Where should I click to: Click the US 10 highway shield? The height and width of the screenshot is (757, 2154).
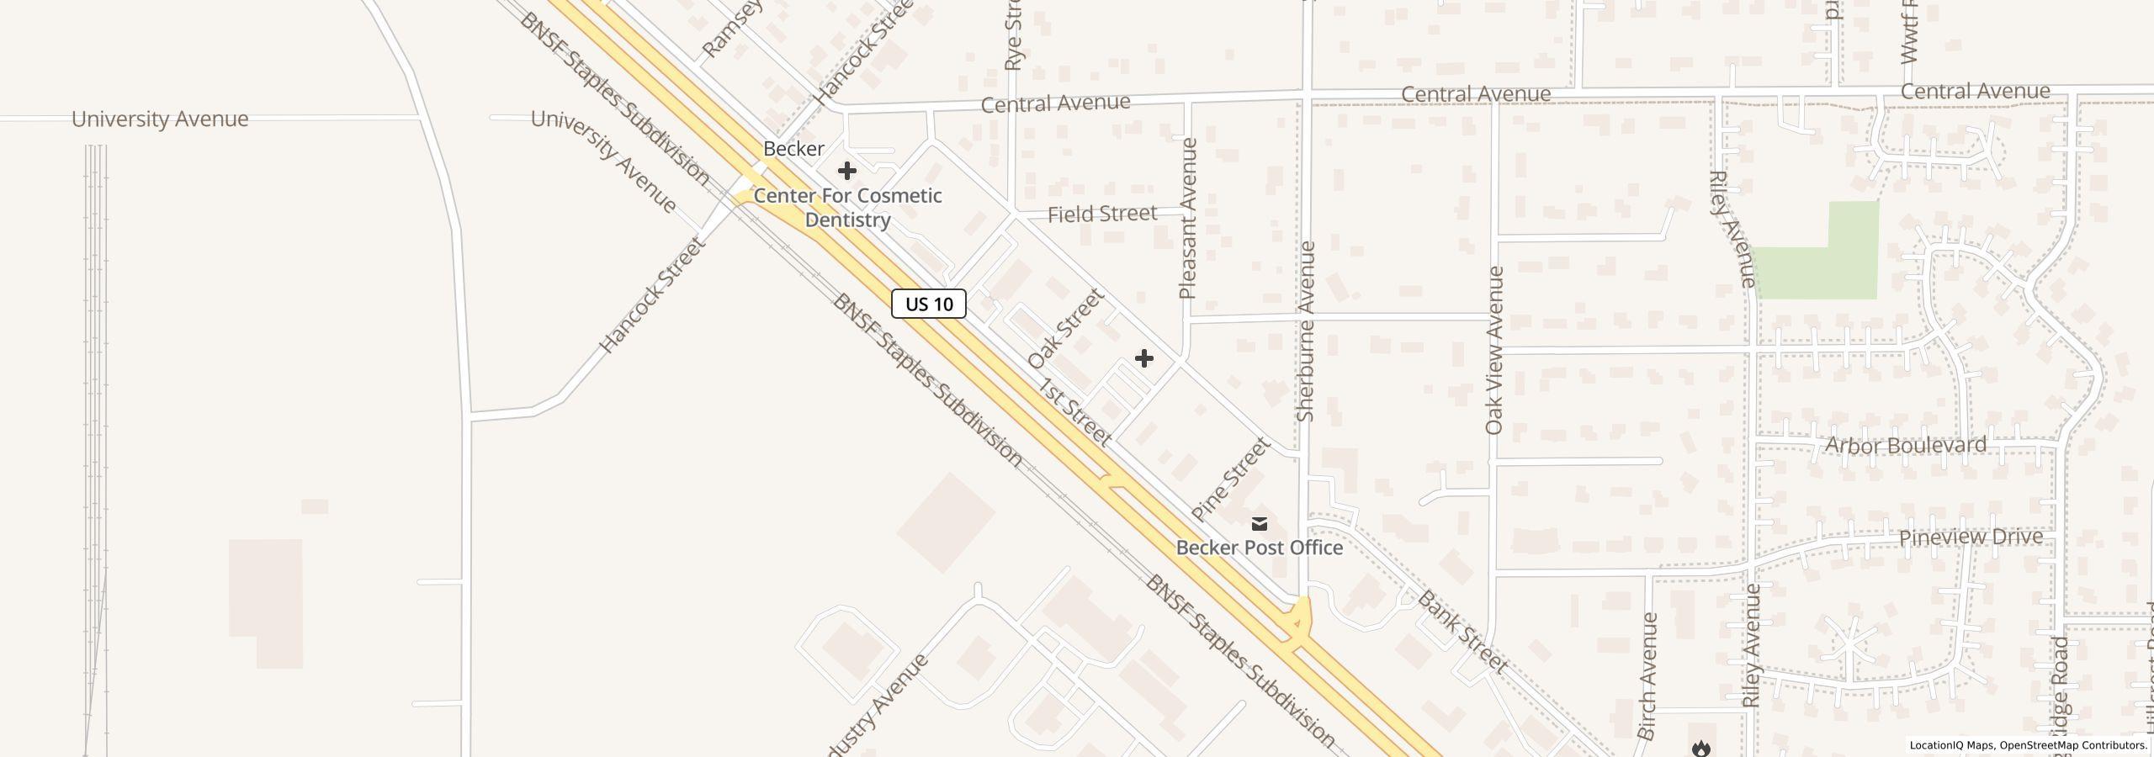(x=929, y=304)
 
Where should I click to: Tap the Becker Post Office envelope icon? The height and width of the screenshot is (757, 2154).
(x=1259, y=524)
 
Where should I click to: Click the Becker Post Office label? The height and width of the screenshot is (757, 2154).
(x=1259, y=548)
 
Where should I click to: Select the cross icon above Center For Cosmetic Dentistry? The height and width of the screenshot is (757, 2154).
(x=846, y=172)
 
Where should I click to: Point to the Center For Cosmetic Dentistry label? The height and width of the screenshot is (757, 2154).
(x=847, y=208)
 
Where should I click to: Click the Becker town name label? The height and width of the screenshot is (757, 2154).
(x=793, y=149)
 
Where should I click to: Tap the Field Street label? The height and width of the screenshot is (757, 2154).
(x=1102, y=214)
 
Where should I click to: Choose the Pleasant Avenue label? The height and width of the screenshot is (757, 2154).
(x=1188, y=219)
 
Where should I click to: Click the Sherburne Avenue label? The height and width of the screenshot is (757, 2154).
(x=1306, y=331)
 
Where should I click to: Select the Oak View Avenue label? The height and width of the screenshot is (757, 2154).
(x=1494, y=350)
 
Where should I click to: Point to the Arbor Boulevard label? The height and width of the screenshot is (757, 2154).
(x=1905, y=445)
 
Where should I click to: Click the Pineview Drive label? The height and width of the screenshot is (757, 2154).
(x=1971, y=537)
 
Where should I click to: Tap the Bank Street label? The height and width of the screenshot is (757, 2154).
(x=1462, y=631)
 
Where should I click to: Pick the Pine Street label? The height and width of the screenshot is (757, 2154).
(x=1230, y=479)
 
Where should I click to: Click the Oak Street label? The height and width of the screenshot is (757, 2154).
(x=1065, y=329)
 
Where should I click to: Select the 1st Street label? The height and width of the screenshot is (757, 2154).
(x=1075, y=411)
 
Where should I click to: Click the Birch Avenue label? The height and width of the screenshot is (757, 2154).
(x=1647, y=676)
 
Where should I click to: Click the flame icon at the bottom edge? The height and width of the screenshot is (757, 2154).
(x=1700, y=748)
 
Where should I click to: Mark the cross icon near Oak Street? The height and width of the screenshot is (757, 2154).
(x=1144, y=359)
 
